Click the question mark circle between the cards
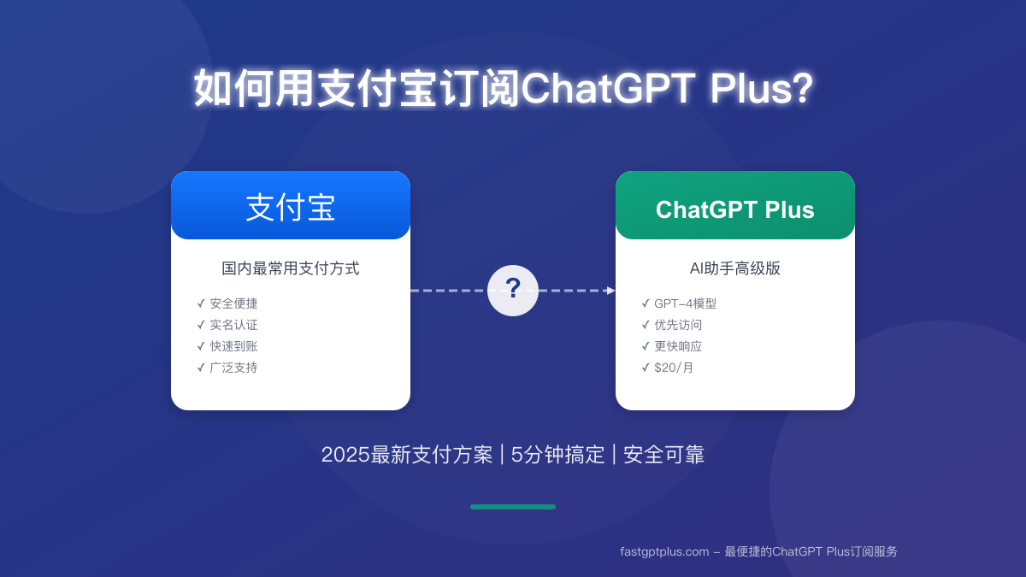[512, 291]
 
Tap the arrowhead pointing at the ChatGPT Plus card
[611, 291]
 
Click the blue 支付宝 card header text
[291, 208]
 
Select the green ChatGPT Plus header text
[734, 209]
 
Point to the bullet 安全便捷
[233, 303]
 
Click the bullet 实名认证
[233, 325]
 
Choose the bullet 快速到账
[233, 346]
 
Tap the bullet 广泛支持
[233, 368]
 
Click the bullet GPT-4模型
[685, 303]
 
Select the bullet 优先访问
[678, 325]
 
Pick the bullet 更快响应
[678, 346]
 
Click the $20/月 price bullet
[674, 368]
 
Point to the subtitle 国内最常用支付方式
[291, 268]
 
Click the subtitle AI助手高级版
[734, 268]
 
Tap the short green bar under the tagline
[512, 507]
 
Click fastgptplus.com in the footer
[664, 552]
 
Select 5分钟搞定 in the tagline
[557, 455]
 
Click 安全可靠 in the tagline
[663, 455]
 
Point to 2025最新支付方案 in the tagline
[407, 455]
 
